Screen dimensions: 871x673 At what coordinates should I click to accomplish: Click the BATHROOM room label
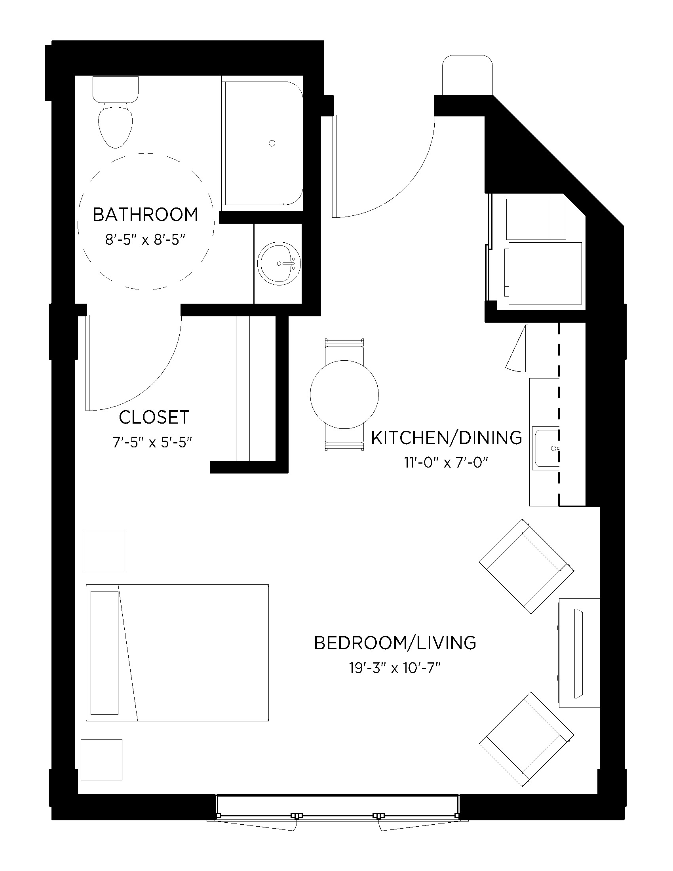pyautogui.click(x=145, y=215)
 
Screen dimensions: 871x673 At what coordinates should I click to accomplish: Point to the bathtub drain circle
pyautogui.click(x=272, y=143)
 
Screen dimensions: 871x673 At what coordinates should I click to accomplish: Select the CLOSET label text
pyautogui.click(x=154, y=418)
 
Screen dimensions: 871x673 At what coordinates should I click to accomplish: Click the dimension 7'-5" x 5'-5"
pyautogui.click(x=153, y=442)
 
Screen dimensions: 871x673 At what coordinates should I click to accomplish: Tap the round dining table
pyautogui.click(x=344, y=394)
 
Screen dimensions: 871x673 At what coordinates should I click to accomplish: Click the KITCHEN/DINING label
pyautogui.click(x=446, y=438)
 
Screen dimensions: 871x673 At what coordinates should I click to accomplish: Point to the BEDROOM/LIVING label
pyautogui.click(x=395, y=643)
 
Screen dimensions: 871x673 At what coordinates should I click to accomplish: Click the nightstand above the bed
pyautogui.click(x=103, y=550)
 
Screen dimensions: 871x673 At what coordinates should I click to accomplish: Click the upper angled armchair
pyautogui.click(x=526, y=566)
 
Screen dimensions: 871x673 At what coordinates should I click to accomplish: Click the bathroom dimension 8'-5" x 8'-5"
pyautogui.click(x=146, y=240)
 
